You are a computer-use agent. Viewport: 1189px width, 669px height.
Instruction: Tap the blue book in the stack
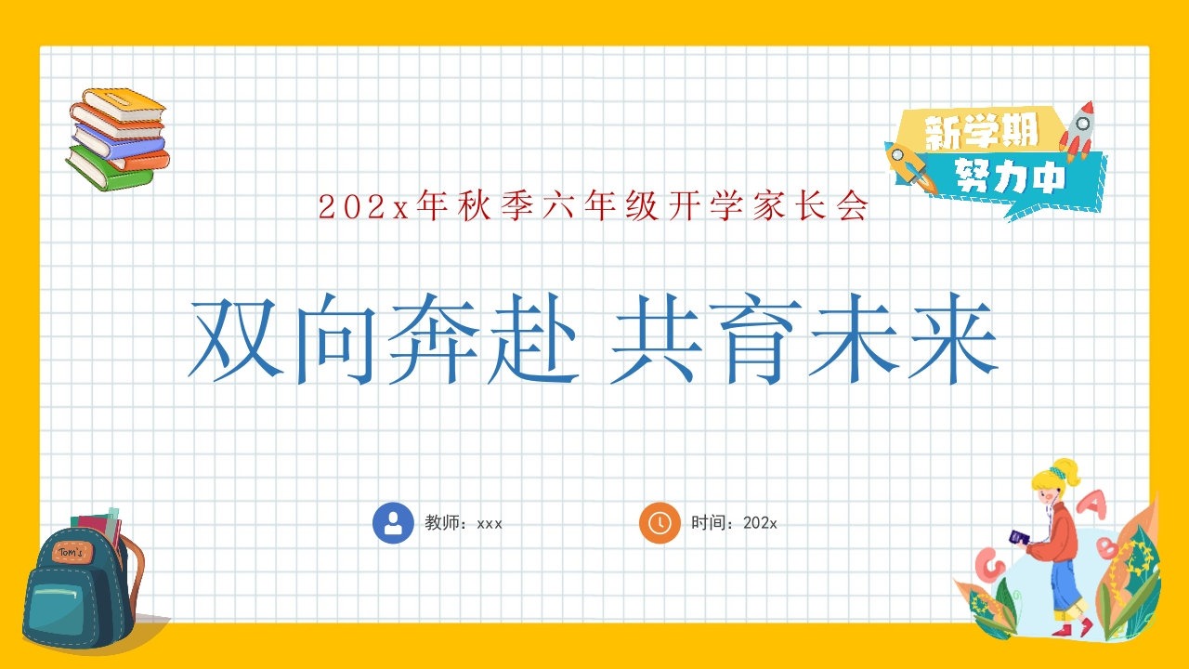pos(116,140)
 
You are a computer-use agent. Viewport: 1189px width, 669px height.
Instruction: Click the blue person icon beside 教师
pos(393,522)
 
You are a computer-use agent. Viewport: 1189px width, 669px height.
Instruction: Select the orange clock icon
pos(660,522)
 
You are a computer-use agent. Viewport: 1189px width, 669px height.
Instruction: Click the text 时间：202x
pos(734,523)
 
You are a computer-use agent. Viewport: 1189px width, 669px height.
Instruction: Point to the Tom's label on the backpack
pos(71,551)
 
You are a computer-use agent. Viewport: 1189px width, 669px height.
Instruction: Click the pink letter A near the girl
pos(1097,505)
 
